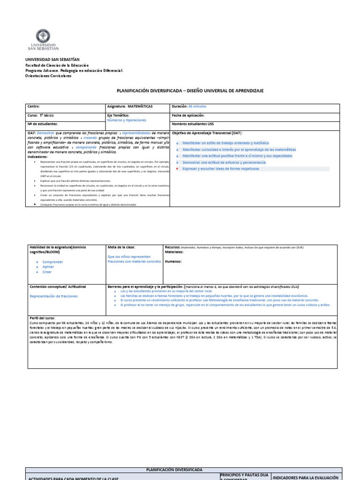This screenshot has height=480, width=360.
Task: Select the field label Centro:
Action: [34, 106]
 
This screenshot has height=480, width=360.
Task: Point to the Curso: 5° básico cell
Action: [41, 115]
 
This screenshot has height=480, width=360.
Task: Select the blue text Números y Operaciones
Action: [127, 120]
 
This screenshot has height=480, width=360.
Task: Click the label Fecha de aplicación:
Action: [188, 115]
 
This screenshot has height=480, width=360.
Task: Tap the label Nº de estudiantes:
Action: [43, 124]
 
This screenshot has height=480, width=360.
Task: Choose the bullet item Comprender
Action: [52, 262]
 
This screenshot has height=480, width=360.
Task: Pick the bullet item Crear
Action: [47, 272]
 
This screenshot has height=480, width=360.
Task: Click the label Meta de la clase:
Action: [121, 247]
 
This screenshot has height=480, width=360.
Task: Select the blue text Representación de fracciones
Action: [54, 296]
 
